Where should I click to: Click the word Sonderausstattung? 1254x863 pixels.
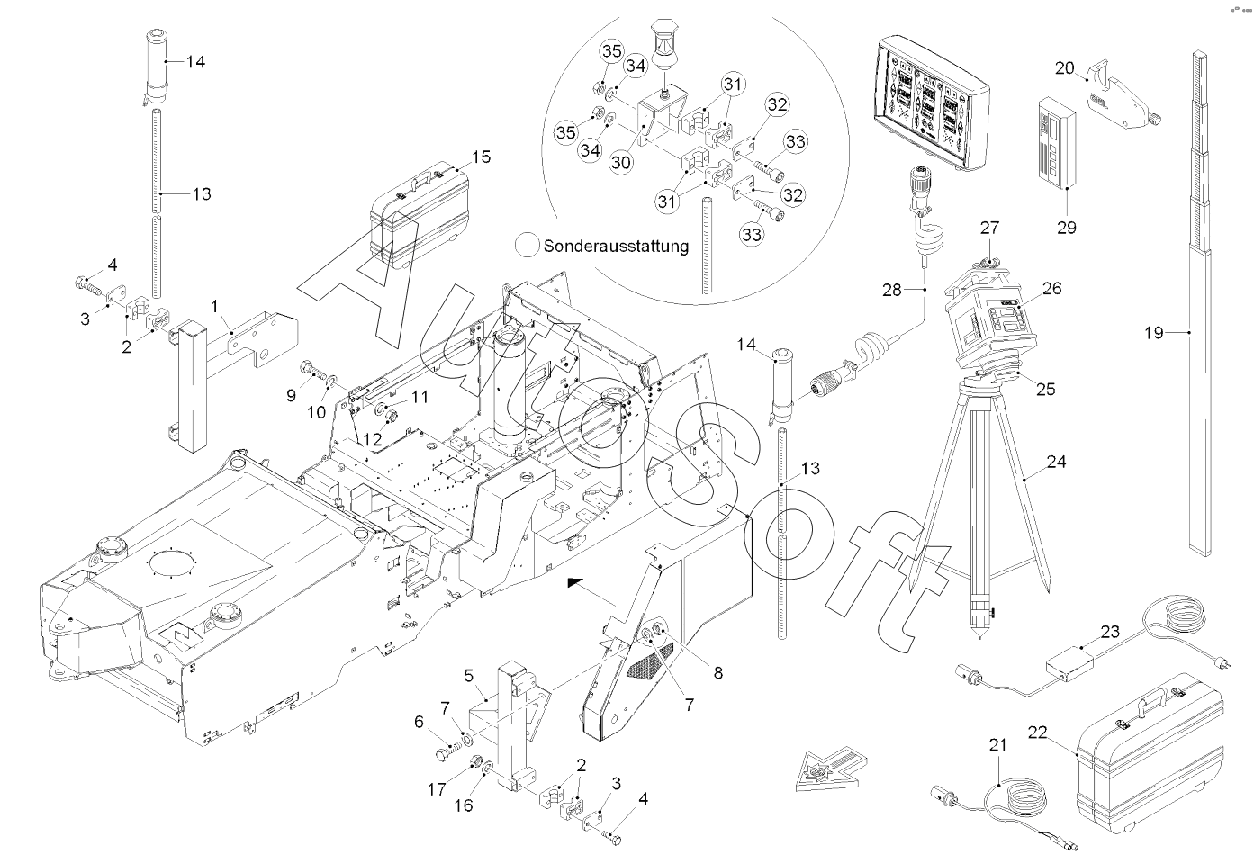click(x=616, y=245)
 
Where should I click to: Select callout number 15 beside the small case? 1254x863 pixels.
click(x=481, y=157)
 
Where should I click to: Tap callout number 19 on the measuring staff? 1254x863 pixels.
click(x=1154, y=333)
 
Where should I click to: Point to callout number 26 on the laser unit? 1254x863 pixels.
click(x=1052, y=289)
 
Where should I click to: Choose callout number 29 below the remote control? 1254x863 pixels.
click(x=1066, y=228)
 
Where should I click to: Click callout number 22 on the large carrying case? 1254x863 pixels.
click(x=1037, y=733)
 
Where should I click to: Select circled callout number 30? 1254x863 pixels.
click(x=620, y=161)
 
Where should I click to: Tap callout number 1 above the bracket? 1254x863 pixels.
click(x=215, y=306)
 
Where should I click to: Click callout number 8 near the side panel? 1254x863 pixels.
click(x=717, y=671)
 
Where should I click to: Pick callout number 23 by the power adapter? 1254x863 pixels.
click(x=1110, y=632)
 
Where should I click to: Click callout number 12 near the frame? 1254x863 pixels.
click(x=370, y=438)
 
